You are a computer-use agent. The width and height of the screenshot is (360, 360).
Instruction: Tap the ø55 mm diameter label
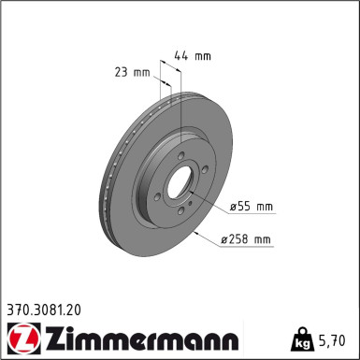(x=252, y=206)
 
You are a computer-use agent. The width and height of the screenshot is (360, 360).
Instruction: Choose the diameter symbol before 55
(x=233, y=206)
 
